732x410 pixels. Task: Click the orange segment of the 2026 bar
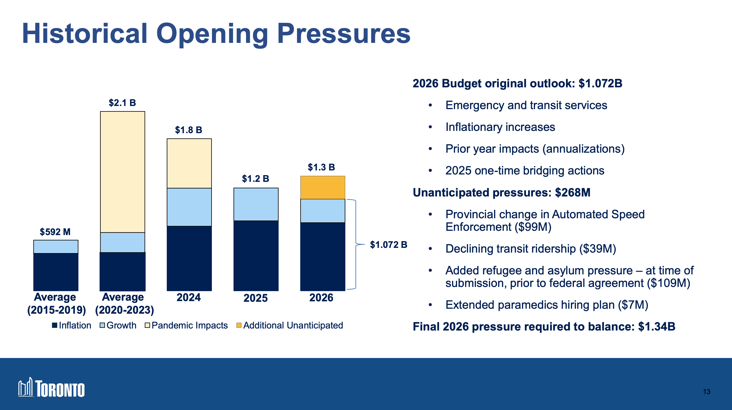tap(322, 187)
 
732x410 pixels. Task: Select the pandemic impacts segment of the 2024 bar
tap(189, 163)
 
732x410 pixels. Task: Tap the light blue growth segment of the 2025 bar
tap(256, 204)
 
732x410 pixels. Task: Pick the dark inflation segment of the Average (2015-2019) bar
tap(56, 272)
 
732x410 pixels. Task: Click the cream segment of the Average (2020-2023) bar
tap(122, 172)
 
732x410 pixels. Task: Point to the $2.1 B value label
tap(122, 103)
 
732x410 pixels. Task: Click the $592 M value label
tap(55, 232)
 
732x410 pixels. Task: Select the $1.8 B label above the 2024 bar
tap(189, 130)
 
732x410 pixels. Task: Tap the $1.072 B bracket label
tap(388, 245)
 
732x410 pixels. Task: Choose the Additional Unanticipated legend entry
tap(290, 325)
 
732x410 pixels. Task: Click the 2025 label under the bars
tap(255, 298)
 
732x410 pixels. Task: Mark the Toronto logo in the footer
tap(51, 388)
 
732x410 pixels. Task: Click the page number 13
tap(706, 392)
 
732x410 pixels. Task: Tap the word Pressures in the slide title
tap(344, 33)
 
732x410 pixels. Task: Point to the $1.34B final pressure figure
tap(657, 326)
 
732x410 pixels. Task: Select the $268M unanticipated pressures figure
tap(572, 192)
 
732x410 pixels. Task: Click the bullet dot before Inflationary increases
tap(430, 127)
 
